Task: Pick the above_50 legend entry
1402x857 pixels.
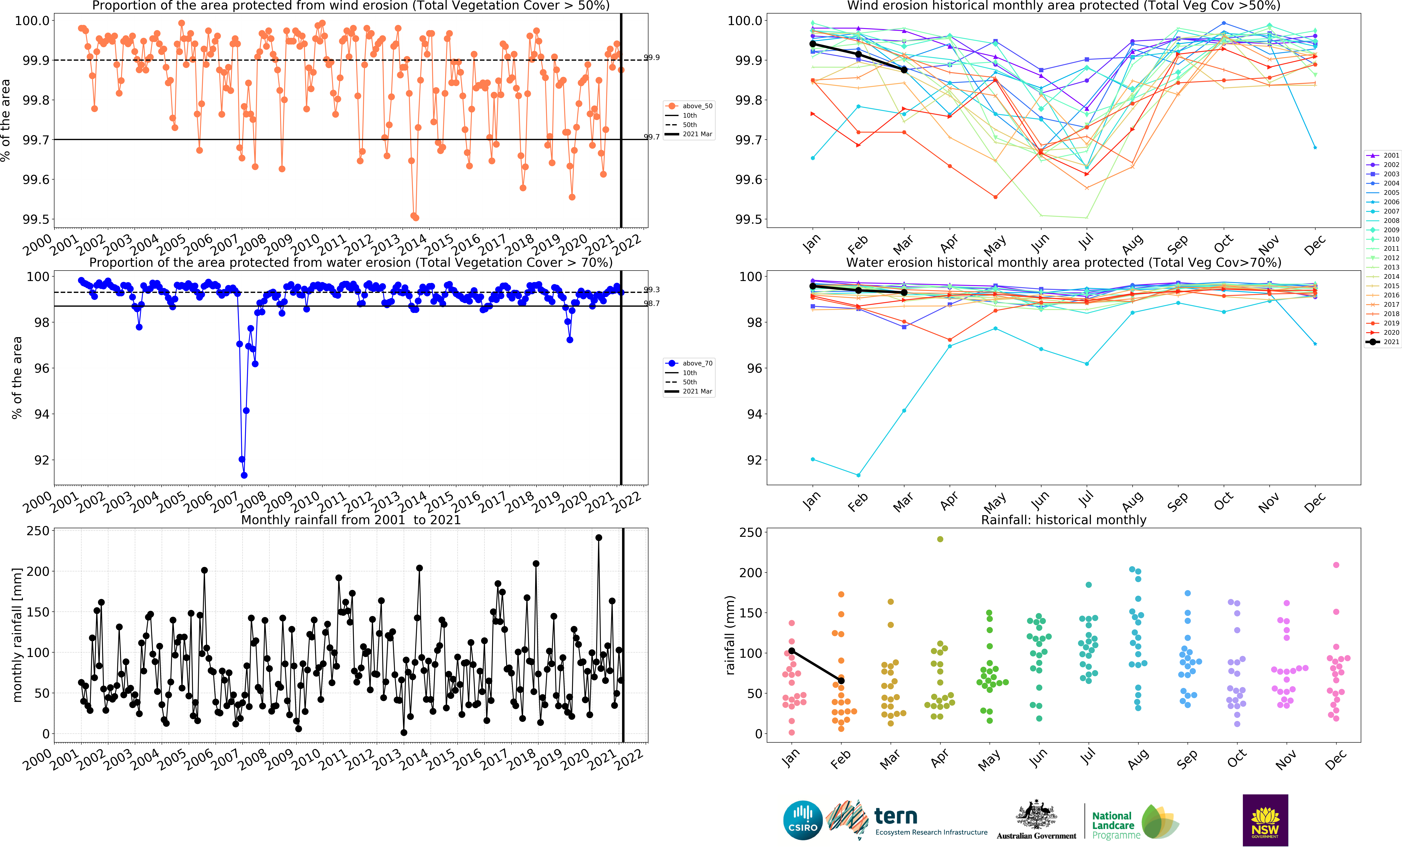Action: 690,106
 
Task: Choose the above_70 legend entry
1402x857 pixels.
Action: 690,363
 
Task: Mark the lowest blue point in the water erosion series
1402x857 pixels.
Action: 244,475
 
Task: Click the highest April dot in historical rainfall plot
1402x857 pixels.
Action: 940,539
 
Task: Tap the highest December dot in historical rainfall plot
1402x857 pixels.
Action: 1336,565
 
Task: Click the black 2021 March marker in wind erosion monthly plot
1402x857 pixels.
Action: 904,69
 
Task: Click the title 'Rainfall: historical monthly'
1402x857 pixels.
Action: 1063,520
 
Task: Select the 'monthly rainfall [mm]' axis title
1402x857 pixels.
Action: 17,634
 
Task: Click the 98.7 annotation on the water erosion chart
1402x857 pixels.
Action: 652,303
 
